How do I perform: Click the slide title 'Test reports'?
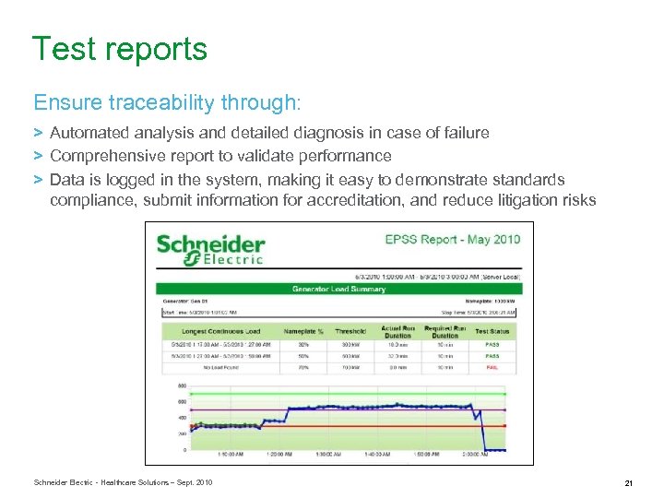(x=120, y=49)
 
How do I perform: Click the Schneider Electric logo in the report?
(x=210, y=248)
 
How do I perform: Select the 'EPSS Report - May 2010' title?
(x=452, y=240)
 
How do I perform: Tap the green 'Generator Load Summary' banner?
(x=338, y=289)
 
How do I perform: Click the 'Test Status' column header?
(x=492, y=331)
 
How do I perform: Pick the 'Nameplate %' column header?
(x=303, y=331)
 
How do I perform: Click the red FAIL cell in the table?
(x=492, y=366)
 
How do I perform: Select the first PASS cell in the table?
(x=492, y=343)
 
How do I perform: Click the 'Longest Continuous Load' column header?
(x=221, y=331)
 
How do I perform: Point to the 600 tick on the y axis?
(x=183, y=402)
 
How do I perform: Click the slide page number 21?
(x=628, y=482)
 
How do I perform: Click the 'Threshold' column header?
(x=350, y=331)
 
